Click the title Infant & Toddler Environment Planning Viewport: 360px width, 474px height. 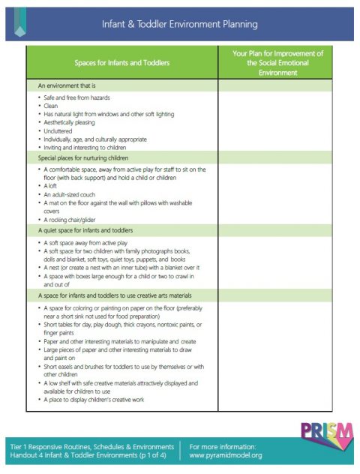(x=180, y=24)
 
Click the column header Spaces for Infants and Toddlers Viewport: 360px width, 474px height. (x=120, y=62)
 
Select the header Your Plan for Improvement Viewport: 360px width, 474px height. (x=278, y=62)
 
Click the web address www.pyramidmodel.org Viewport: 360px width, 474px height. (x=226, y=455)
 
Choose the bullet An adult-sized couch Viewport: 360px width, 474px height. (x=70, y=194)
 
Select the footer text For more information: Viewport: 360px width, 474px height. (x=223, y=446)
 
